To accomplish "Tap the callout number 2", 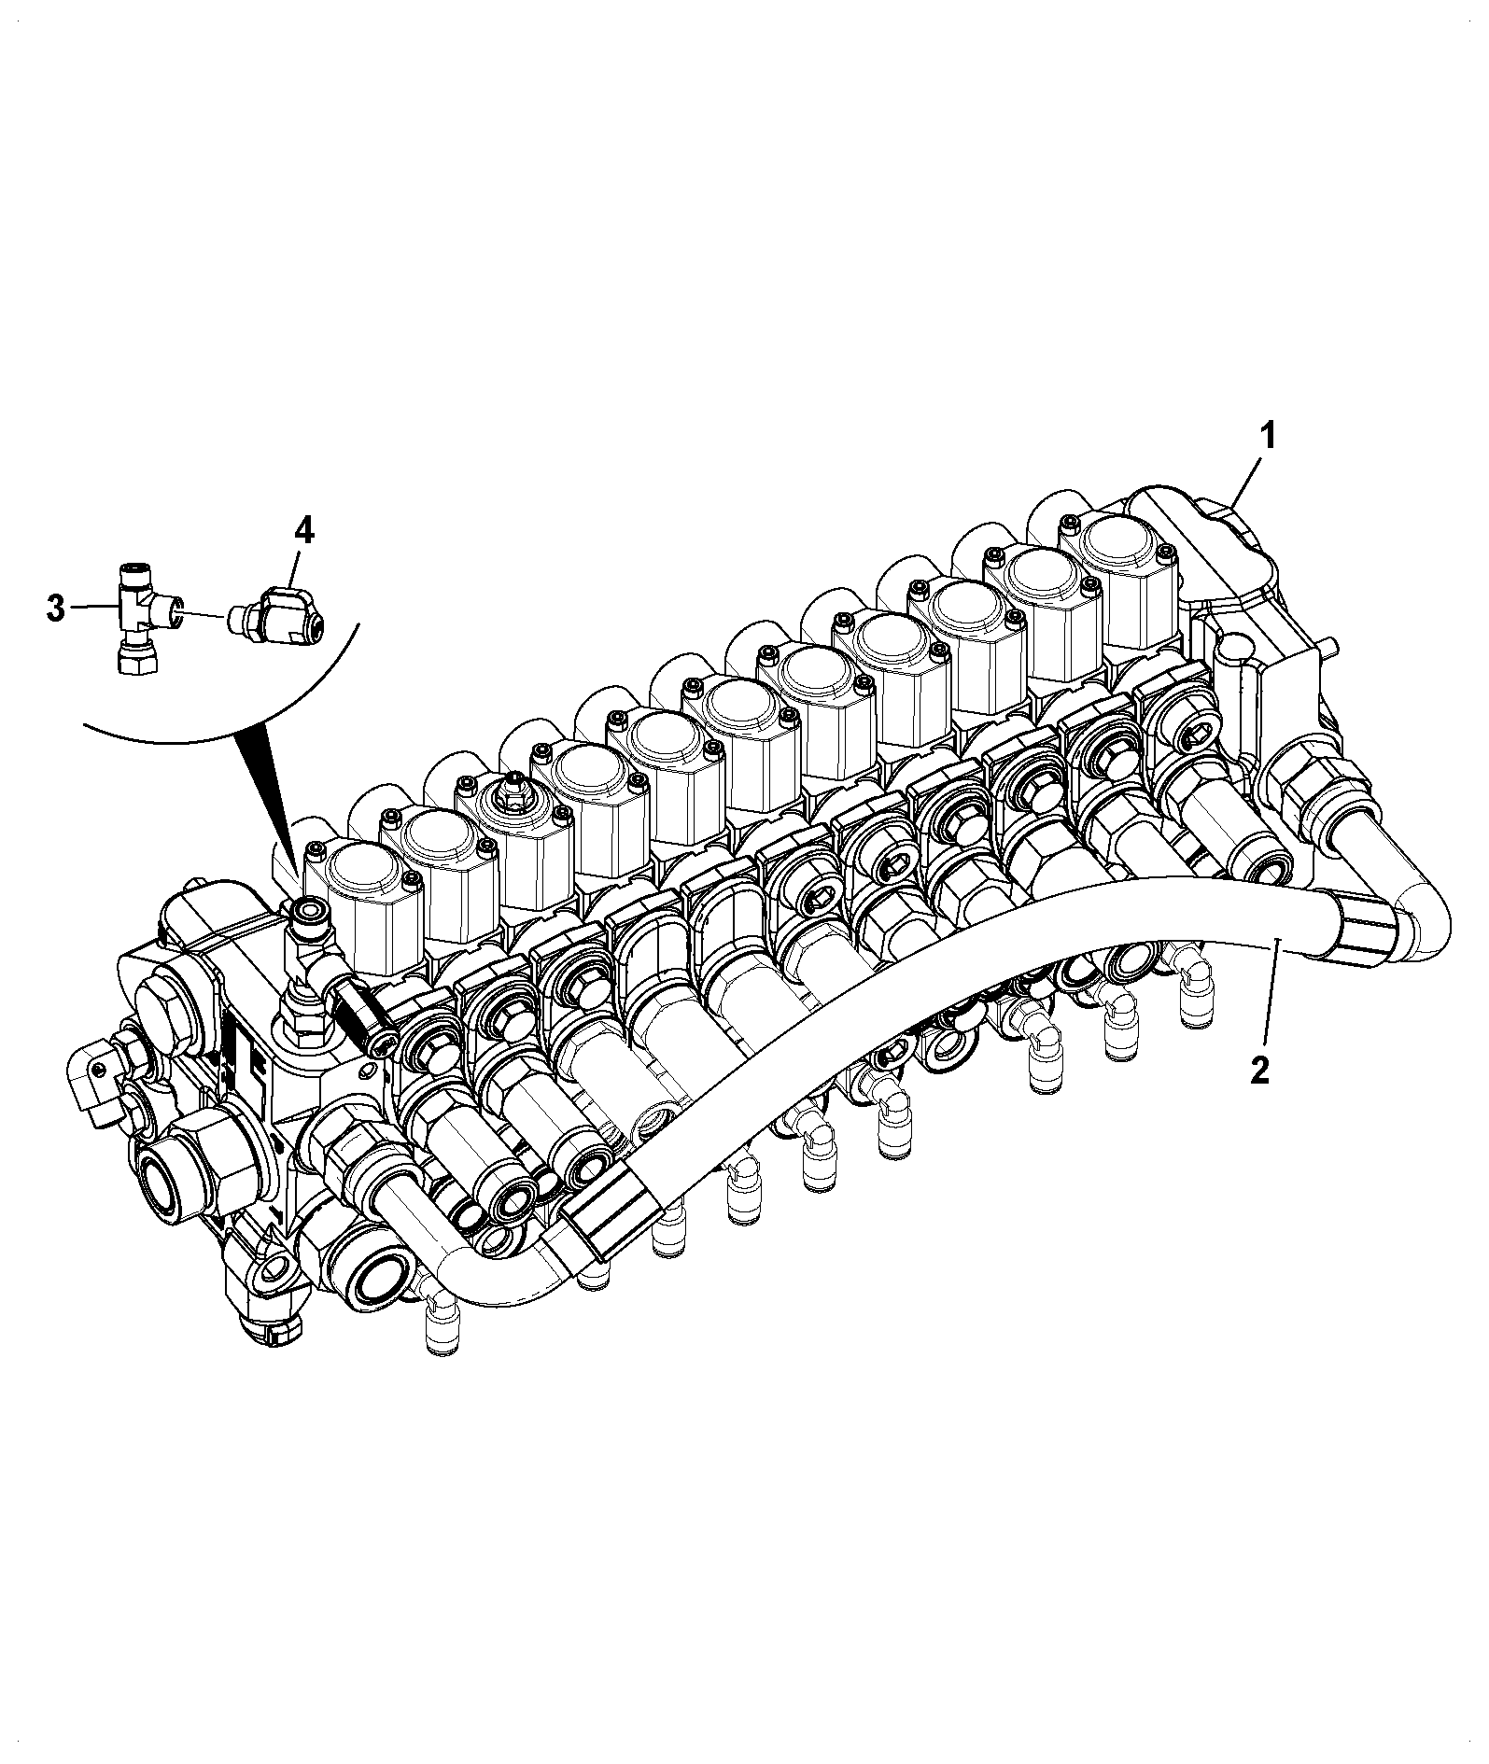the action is (1259, 1070).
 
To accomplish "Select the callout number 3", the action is (56, 610).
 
